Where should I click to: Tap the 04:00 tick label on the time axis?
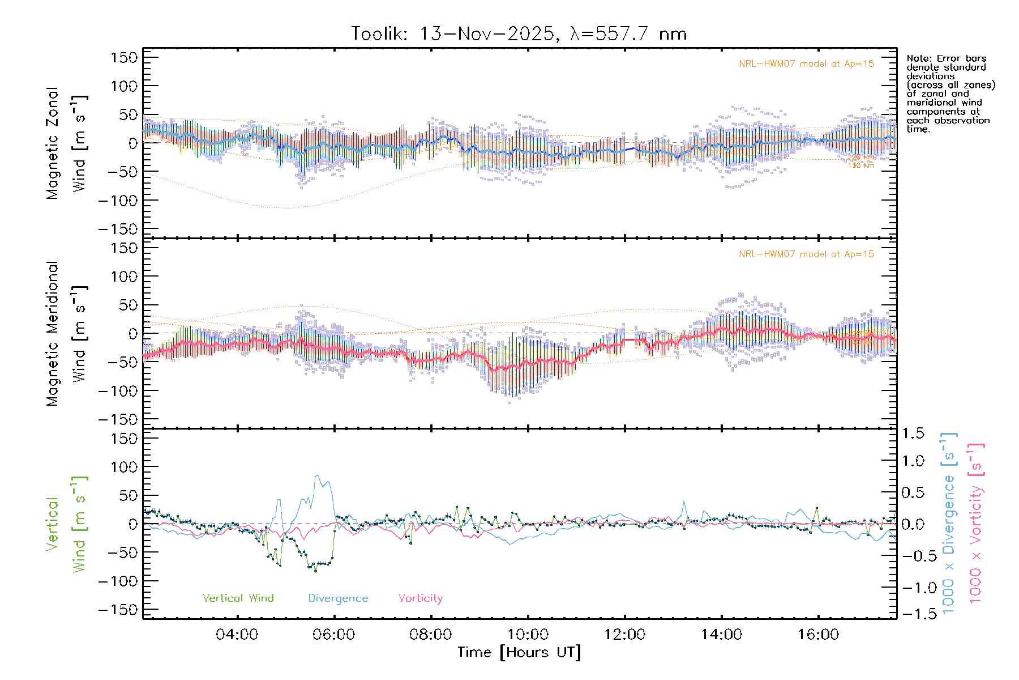(x=237, y=635)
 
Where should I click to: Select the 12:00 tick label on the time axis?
(x=624, y=635)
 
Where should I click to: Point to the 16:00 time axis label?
(x=818, y=635)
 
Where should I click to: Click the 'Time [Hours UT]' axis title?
(x=519, y=652)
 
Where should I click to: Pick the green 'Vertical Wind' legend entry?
(x=238, y=598)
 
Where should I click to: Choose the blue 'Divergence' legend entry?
(x=338, y=598)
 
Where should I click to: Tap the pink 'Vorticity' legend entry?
(x=420, y=598)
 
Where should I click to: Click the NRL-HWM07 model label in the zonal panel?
(x=806, y=64)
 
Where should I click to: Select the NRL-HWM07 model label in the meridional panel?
(x=806, y=254)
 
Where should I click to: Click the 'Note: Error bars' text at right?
(x=946, y=59)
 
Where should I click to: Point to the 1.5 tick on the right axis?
(x=913, y=433)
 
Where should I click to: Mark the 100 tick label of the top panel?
(x=124, y=86)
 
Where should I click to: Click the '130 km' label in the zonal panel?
(x=860, y=165)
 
